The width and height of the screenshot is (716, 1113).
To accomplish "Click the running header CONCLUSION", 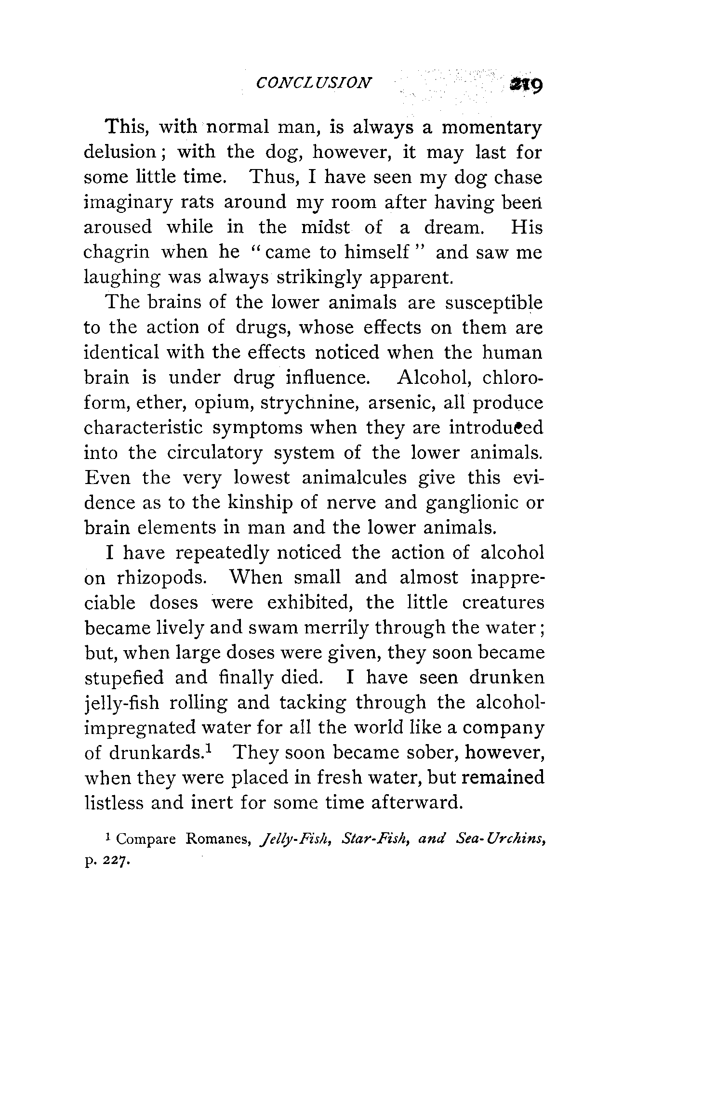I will coord(314,83).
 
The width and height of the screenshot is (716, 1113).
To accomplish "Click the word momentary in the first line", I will coord(492,128).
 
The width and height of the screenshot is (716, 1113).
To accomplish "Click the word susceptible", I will coord(494,303).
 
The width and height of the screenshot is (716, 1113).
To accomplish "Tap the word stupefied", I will coord(124,678).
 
